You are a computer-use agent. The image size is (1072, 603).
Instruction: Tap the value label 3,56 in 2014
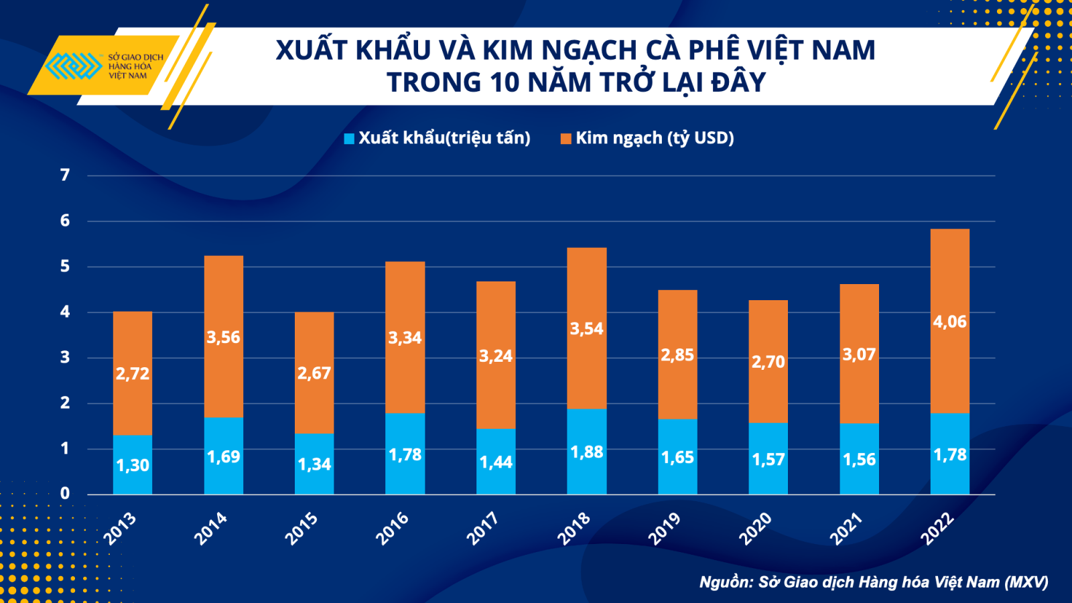pos(223,337)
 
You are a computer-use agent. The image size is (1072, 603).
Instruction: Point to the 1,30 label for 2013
pos(133,465)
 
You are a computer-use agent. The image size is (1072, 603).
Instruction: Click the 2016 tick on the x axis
pos(393,528)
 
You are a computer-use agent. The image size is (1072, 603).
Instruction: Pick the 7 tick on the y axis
pos(65,175)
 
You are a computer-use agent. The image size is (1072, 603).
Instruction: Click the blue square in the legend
pos(349,139)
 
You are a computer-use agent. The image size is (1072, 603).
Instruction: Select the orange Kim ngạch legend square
pos(566,139)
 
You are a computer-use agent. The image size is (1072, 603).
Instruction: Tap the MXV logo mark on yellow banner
pos(72,66)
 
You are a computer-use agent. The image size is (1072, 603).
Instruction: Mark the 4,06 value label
pos(949,322)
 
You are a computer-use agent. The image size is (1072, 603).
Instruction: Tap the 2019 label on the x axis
pos(665,528)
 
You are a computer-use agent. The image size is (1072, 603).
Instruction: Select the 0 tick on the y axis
pos(65,494)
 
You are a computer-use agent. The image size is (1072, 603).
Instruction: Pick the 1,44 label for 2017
pos(496,462)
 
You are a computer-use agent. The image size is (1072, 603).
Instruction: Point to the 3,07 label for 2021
pos(859,354)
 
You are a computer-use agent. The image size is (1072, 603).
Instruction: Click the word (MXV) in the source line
pos(1026,582)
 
